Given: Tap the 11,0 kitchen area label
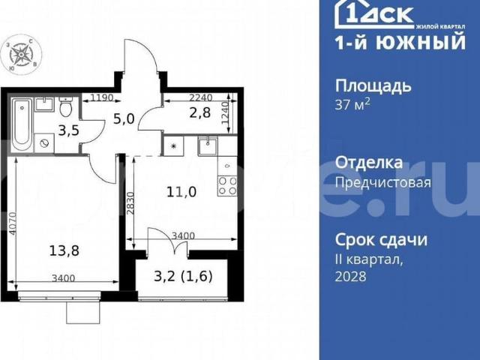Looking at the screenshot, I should coord(181,191).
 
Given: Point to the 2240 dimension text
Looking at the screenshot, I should coord(200,97).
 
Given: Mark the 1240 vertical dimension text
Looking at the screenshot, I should coord(232,117).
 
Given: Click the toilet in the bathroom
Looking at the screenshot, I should coord(66,109).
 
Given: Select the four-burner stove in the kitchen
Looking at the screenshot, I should coord(227,181).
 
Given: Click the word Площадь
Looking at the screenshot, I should coord(373,85).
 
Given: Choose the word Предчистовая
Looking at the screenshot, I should coord(382,182).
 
